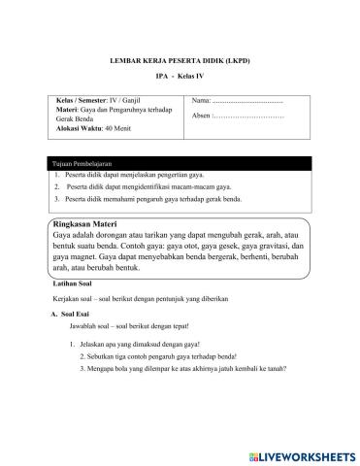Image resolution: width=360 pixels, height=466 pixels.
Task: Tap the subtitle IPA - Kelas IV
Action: tap(180, 77)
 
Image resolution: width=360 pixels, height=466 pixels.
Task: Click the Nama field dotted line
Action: tap(247, 101)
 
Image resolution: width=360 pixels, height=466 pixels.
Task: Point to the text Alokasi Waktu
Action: tap(80, 128)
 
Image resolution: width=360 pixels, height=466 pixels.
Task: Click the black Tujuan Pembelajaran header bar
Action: tap(180, 166)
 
